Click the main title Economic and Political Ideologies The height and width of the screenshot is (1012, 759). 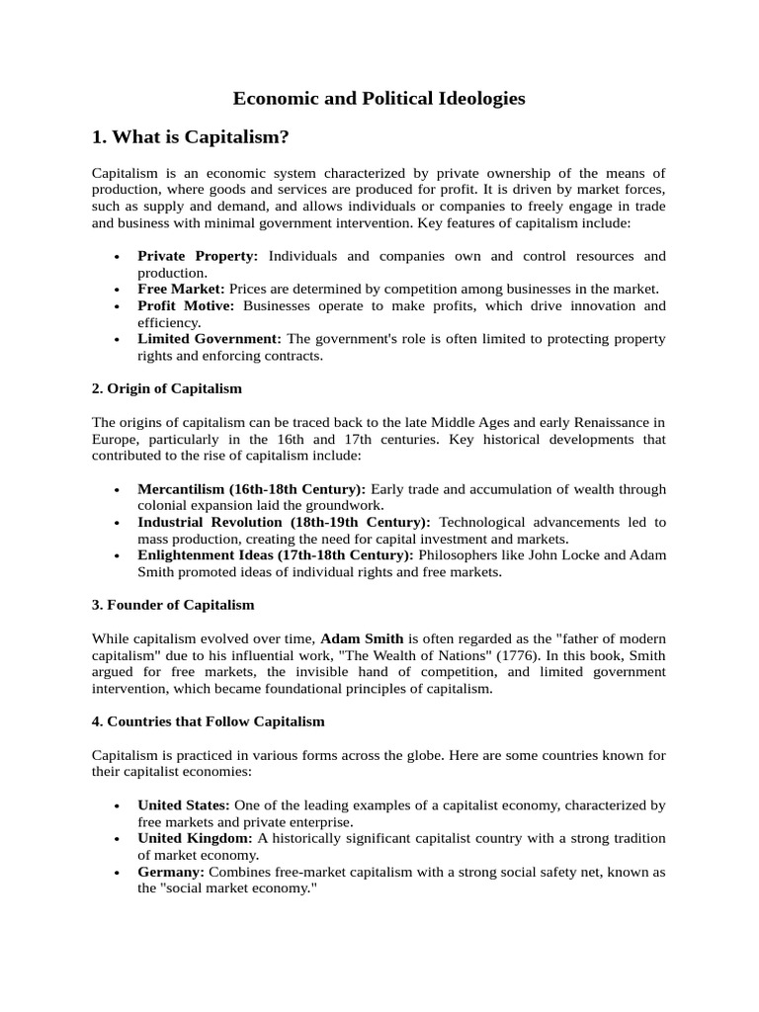[379, 98]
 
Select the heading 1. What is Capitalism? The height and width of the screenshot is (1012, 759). [191, 136]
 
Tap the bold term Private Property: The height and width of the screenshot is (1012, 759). [198, 256]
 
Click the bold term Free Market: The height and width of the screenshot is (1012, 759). [182, 289]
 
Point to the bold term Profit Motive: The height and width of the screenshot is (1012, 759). [186, 305]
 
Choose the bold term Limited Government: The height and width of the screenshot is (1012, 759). [210, 339]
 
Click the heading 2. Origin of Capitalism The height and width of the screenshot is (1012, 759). [167, 388]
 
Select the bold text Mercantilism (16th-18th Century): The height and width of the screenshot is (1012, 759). [251, 489]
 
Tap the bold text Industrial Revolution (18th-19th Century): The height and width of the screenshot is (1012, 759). [284, 522]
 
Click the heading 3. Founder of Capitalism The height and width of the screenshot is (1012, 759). [173, 604]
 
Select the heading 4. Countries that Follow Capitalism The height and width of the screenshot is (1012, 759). [208, 721]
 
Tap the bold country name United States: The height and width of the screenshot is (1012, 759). [185, 805]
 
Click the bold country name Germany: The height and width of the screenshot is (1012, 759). [171, 872]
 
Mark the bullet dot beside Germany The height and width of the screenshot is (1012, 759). [118, 874]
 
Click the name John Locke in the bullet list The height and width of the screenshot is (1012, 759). [589, 555]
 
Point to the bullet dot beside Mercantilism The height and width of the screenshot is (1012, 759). [118, 491]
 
